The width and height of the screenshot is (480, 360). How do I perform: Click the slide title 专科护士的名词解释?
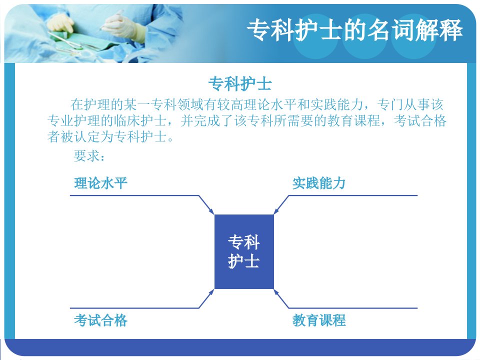click(x=354, y=29)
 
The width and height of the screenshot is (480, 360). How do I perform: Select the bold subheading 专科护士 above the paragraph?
click(x=240, y=83)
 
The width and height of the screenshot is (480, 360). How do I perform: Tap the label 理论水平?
click(x=100, y=183)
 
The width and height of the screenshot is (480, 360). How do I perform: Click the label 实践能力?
click(x=319, y=183)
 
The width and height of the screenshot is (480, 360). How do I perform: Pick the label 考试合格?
click(x=100, y=320)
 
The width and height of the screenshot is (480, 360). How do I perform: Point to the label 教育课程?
click(x=319, y=320)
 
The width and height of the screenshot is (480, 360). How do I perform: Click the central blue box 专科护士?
click(x=244, y=251)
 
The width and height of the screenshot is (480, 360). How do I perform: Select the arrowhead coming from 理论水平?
click(x=211, y=211)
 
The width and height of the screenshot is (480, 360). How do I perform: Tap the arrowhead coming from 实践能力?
click(x=276, y=211)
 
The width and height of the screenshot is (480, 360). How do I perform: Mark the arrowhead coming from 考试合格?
click(x=211, y=292)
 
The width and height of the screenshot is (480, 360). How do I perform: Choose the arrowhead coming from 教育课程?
click(x=276, y=292)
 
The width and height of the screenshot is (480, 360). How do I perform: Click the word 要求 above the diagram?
click(x=86, y=156)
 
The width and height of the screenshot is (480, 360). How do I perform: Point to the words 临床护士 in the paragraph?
click(x=140, y=121)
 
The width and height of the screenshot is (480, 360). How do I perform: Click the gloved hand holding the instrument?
click(x=122, y=25)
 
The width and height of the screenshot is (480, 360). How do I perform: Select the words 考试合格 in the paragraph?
click(x=420, y=121)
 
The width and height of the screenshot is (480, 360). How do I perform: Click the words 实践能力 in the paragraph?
click(x=336, y=104)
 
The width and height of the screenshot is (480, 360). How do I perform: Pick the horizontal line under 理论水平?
click(x=134, y=195)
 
